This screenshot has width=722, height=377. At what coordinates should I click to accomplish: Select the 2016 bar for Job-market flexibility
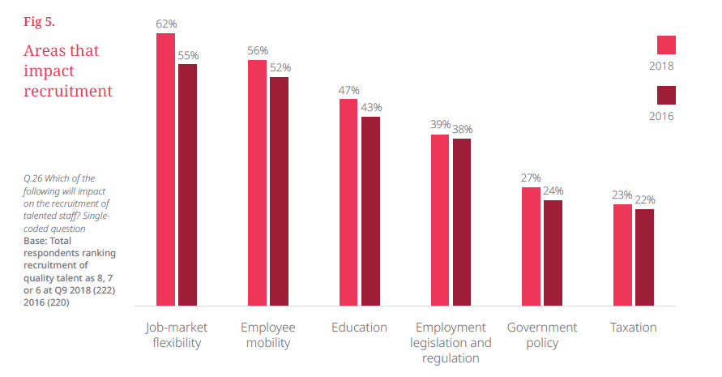point(187,183)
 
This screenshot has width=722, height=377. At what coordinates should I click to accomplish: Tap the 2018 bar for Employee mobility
point(257,182)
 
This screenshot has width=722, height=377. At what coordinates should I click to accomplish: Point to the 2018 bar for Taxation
point(622,253)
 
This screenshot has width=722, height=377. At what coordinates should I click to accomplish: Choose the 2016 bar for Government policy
point(553,251)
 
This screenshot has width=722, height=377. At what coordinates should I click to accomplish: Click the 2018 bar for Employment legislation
point(440,218)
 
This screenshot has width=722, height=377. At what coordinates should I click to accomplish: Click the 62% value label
point(166,24)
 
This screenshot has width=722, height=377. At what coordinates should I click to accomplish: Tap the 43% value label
point(371,108)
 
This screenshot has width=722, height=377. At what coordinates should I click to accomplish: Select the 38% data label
point(463,130)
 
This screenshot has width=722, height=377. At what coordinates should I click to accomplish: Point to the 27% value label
point(531,178)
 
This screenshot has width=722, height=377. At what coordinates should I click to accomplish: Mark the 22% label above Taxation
point(645,200)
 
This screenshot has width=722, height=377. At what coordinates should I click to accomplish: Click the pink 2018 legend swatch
point(666,45)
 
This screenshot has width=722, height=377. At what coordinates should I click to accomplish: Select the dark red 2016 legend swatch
point(666,95)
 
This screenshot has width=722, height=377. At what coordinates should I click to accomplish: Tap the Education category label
point(359,328)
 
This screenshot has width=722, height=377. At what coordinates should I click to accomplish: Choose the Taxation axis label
point(633,328)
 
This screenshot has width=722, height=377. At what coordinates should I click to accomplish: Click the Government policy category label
point(542,335)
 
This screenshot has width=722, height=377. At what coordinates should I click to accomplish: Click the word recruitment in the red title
point(69,92)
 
